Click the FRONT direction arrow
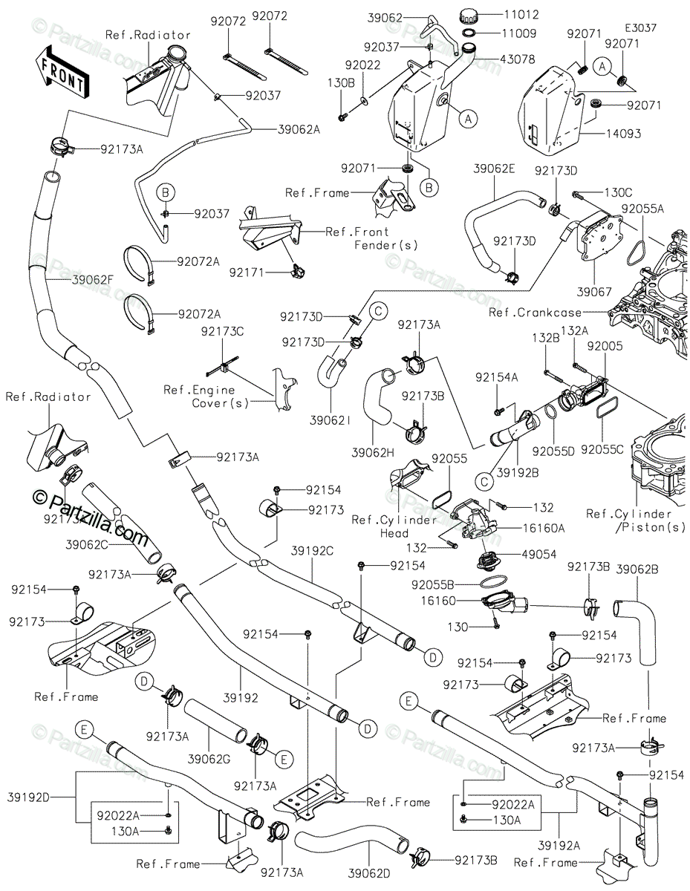[62, 73]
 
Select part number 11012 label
[521, 14]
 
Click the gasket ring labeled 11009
[469, 33]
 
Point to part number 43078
[518, 59]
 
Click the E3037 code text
[640, 27]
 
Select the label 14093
[623, 133]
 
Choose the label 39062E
[494, 169]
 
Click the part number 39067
[594, 292]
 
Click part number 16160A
[544, 528]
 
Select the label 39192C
[313, 551]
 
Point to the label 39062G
[209, 759]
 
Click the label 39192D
[28, 797]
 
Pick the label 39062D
[369, 873]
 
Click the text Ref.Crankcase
[535, 313]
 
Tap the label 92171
[247, 272]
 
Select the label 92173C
[222, 331]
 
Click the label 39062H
[373, 452]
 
